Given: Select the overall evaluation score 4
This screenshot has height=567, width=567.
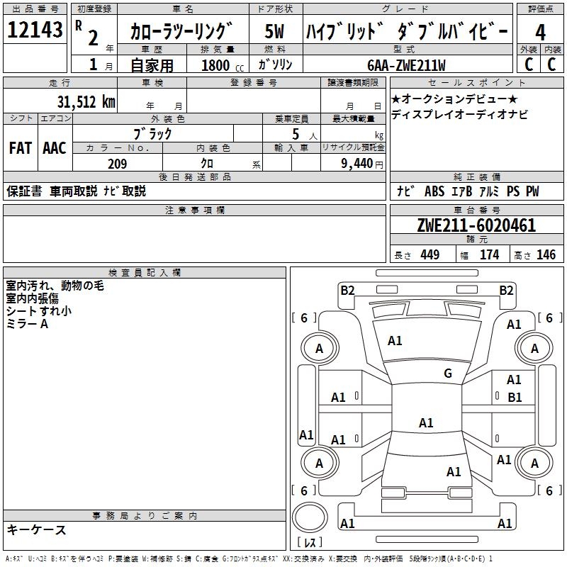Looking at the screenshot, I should click(x=540, y=32).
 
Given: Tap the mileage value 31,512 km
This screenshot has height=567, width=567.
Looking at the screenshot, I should click(x=86, y=101).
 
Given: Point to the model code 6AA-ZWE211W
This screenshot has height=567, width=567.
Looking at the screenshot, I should click(x=407, y=65).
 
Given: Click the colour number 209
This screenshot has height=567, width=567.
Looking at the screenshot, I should click(x=117, y=164).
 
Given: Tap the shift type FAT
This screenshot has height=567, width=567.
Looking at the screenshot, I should click(x=20, y=148).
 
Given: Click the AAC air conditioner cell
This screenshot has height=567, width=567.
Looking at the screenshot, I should click(x=55, y=148).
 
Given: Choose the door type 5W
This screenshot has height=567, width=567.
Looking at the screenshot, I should click(x=275, y=32).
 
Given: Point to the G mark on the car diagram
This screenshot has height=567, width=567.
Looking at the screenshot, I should click(x=447, y=374).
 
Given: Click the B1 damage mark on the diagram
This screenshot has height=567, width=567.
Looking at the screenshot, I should click(x=515, y=398).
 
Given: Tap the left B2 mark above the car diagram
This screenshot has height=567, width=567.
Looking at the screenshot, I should click(x=347, y=289).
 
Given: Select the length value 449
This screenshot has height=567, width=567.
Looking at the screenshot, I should click(x=430, y=254).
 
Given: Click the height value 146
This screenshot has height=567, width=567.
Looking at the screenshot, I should click(x=546, y=254).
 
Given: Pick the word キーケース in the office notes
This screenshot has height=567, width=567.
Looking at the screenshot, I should click(x=36, y=529).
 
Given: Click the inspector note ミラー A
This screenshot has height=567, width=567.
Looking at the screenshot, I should click(x=27, y=324).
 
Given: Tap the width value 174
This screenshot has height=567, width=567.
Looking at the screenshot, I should click(x=489, y=254).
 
